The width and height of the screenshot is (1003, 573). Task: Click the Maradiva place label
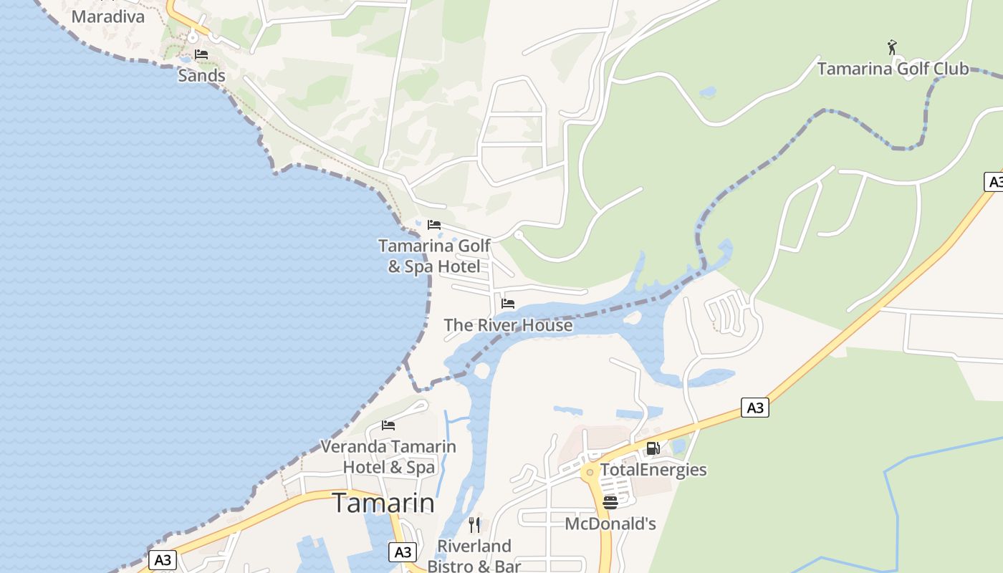coord(108,16)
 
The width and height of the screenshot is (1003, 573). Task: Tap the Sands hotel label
coord(201,75)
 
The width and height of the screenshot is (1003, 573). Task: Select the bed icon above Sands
coord(201,54)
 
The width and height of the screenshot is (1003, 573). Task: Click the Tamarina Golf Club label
coord(893,69)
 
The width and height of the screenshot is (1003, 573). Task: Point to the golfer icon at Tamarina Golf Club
coord(892,47)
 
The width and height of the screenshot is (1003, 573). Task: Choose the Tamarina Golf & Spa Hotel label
coord(434,256)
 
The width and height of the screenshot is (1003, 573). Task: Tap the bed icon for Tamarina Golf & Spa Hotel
coord(433,225)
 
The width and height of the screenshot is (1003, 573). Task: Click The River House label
coord(508,325)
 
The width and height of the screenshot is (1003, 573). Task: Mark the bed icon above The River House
coord(508,304)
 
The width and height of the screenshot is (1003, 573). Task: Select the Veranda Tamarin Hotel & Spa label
coord(388,457)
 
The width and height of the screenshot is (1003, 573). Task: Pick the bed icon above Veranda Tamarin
coord(388,425)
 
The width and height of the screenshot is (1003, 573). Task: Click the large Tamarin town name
coord(383,503)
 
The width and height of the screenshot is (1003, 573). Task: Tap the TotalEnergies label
coord(653,470)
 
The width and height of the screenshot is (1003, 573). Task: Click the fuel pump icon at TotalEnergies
coord(653,448)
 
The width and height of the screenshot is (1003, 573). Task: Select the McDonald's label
coord(610,524)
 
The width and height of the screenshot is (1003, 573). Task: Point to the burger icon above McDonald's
coord(610,502)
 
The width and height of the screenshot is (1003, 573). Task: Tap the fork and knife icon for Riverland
coord(474,525)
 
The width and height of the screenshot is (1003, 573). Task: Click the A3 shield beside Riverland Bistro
coord(403,552)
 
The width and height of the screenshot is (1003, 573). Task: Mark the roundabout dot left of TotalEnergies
coord(590,472)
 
